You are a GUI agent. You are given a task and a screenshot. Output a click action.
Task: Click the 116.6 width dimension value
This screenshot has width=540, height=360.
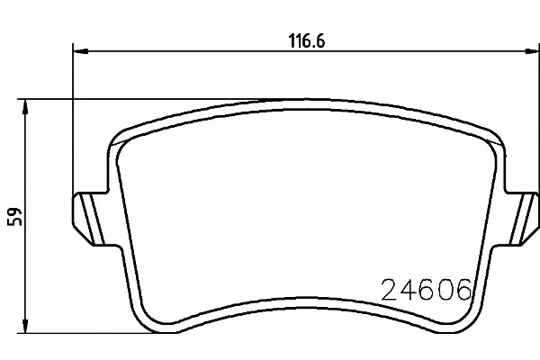click(x=306, y=41)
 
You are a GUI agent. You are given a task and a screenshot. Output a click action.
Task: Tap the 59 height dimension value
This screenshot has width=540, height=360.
click(x=14, y=216)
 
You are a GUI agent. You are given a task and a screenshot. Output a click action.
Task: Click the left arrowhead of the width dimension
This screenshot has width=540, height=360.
click(x=81, y=51)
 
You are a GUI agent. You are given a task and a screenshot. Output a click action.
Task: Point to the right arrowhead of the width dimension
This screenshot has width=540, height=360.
click(x=532, y=51)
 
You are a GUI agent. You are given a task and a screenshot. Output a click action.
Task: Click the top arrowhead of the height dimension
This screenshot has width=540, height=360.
click(x=25, y=106)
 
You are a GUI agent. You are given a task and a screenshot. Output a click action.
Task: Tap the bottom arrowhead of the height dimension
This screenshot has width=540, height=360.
click(x=25, y=326)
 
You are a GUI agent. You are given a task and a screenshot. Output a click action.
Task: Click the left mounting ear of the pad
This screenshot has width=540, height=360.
click(x=89, y=219)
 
